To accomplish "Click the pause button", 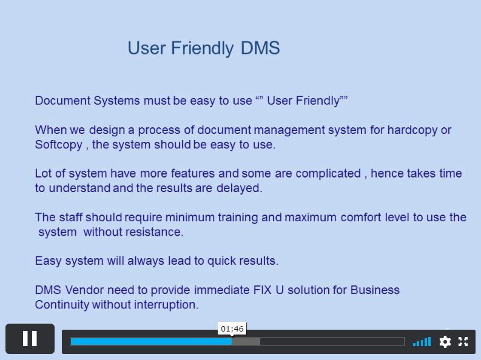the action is pyautogui.click(x=30, y=339).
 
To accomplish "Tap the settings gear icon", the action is pyautogui.click(x=445, y=342).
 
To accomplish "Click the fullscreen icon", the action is pyautogui.click(x=463, y=341).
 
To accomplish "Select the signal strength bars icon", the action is pyautogui.click(x=422, y=341).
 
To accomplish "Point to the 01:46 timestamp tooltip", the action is pyautogui.click(x=232, y=328).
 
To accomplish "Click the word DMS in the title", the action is pyautogui.click(x=260, y=48).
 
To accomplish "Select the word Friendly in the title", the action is pyautogui.click(x=202, y=48).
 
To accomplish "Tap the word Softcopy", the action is pyautogui.click(x=59, y=145).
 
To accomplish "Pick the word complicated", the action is pyautogui.click(x=328, y=174).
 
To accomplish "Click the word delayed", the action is pyautogui.click(x=239, y=188).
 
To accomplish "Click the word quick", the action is pyautogui.click(x=221, y=261).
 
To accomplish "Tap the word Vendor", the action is pyautogui.click(x=84, y=290).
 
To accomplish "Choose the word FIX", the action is pyautogui.click(x=262, y=290).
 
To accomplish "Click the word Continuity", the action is pyautogui.click(x=62, y=305).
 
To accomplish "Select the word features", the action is pyautogui.click(x=192, y=174).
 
